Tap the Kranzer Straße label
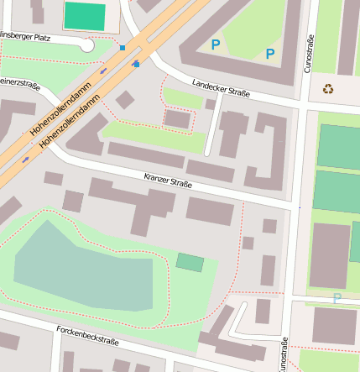[168, 180]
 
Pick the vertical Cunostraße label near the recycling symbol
[310, 53]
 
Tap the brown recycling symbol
[328, 87]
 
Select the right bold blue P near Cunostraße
[270, 55]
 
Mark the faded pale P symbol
[337, 298]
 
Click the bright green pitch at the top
[85, 15]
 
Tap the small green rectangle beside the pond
[190, 262]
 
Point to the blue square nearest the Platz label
[123, 48]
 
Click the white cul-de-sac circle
[86, 45]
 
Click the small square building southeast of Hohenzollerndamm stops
[125, 100]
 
